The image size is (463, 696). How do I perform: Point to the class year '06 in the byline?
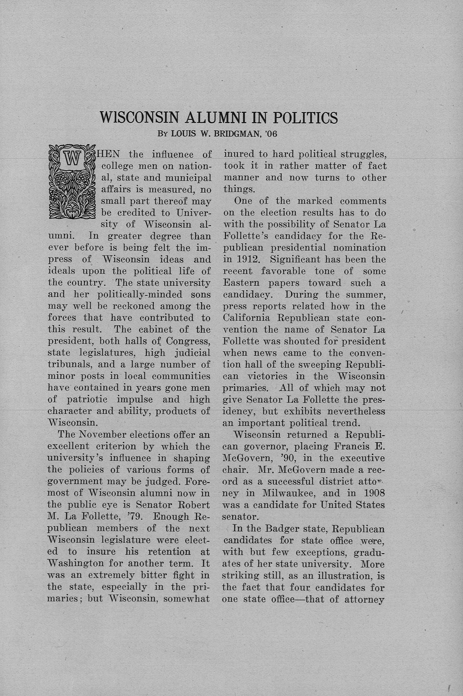pyautogui.click(x=271, y=134)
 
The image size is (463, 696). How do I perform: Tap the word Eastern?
pyautogui.click(x=242, y=283)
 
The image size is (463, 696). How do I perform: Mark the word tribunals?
pyautogui.click(x=68, y=364)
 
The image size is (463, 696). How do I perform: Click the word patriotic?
pyautogui.click(x=88, y=399)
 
